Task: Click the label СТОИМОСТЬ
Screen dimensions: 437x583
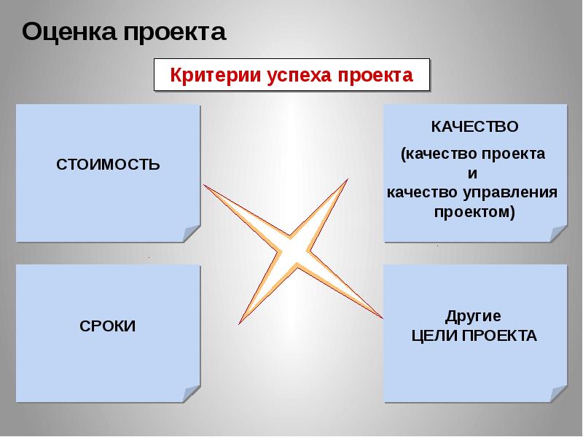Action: pos(108,164)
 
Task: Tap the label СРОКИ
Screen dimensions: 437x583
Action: pos(108,326)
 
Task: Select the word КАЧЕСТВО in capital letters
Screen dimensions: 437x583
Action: pos(474,127)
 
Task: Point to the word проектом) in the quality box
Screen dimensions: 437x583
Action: pos(474,212)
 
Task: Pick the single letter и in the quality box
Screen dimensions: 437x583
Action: pos(472,174)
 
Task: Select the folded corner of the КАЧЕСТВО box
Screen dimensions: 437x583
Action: pos(559,234)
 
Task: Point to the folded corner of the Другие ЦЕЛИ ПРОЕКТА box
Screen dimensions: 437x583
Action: pos(559,394)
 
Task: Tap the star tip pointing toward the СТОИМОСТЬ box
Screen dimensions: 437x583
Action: pos(207,186)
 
